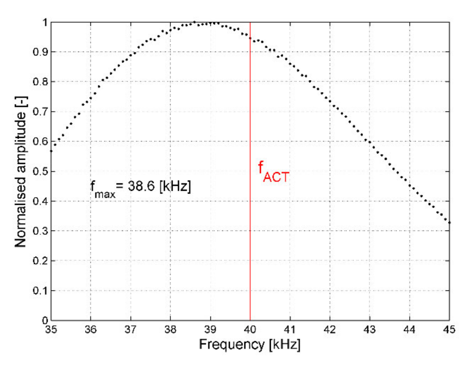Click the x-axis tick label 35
coord(51,329)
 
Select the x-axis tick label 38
coord(170,329)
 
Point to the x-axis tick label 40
coord(250,329)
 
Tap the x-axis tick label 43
coord(370,329)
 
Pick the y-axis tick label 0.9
coord(40,52)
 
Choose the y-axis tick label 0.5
coord(40,171)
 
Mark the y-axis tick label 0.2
coord(40,261)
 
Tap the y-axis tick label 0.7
coord(40,112)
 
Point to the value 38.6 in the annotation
coord(141,186)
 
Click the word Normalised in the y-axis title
coord(20,212)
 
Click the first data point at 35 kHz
coord(51,151)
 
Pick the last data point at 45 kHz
coord(449,223)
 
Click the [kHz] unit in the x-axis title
coord(285,345)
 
